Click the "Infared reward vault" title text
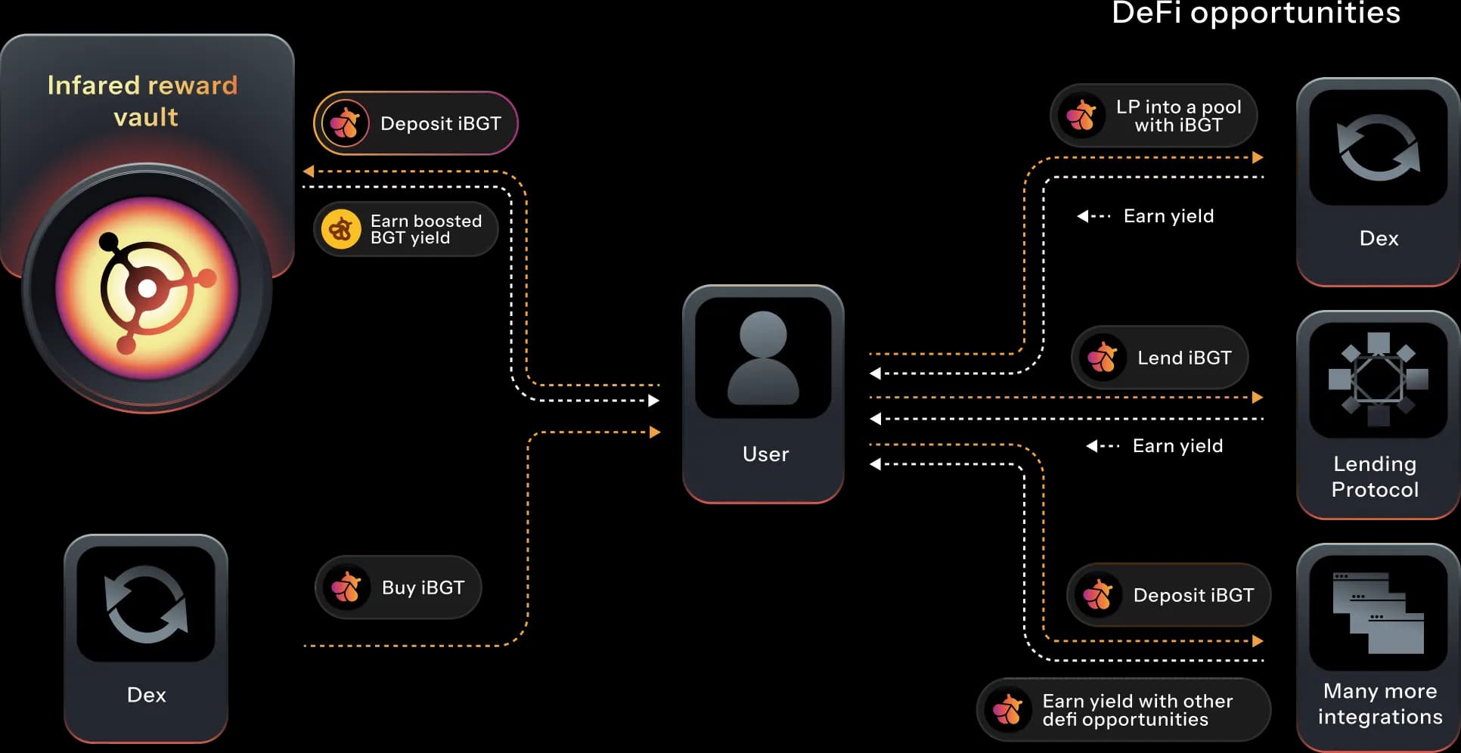(143, 101)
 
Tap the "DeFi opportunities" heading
(1255, 13)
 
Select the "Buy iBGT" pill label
(423, 587)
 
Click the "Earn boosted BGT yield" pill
(406, 229)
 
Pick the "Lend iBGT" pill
(1159, 358)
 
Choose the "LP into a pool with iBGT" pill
(1153, 116)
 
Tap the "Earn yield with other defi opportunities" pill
(1124, 710)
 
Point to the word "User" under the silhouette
(765, 454)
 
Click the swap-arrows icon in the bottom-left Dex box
(146, 604)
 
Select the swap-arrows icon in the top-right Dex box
(1378, 147)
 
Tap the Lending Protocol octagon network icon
(1378, 379)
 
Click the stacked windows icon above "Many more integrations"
(1378, 612)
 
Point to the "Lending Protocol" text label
(1375, 476)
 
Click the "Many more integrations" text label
(1380, 704)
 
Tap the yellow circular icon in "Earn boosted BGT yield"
(341, 229)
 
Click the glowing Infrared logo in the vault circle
(147, 288)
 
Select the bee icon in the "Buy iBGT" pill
(346, 587)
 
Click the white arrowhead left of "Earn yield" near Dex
(1083, 216)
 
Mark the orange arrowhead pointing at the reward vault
(309, 172)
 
